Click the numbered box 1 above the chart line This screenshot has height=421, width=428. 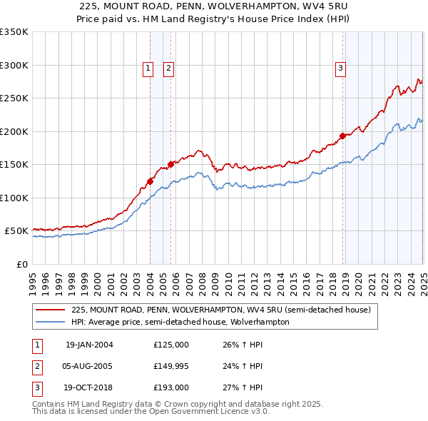click(148, 69)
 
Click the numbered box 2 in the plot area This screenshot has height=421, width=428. click(168, 69)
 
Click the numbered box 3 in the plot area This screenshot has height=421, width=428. click(340, 69)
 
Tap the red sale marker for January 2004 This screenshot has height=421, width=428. click(151, 181)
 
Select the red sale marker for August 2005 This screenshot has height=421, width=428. click(170, 165)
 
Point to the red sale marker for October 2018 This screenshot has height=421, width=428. click(343, 136)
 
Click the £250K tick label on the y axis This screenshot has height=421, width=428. click(14, 98)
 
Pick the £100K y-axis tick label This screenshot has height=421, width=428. click(14, 198)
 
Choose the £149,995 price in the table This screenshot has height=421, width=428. click(170, 367)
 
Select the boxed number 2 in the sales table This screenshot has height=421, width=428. click(35, 367)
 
